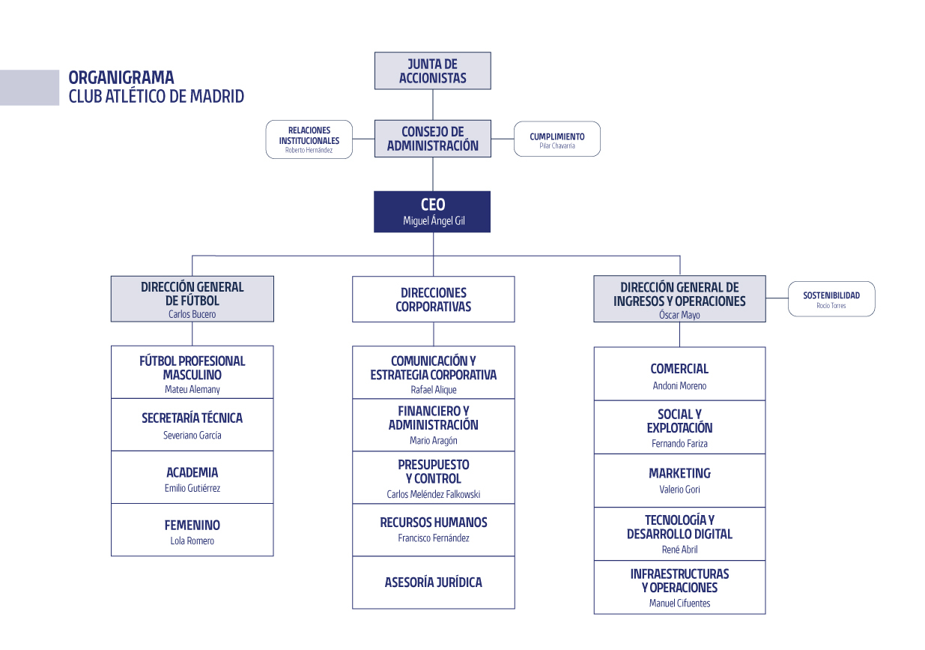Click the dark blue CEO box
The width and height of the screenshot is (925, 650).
click(x=432, y=211)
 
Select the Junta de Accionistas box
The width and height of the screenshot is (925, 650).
click(x=432, y=70)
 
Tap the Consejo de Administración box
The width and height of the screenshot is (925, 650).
click(x=432, y=139)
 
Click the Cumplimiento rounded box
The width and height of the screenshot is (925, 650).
click(x=556, y=139)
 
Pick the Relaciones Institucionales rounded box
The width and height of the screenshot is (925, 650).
click(x=309, y=139)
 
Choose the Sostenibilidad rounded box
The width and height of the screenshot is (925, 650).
click(x=831, y=299)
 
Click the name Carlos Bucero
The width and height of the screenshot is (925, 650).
click(x=192, y=315)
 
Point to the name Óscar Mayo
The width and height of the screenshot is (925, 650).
click(x=679, y=316)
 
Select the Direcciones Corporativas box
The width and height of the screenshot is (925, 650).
click(x=433, y=299)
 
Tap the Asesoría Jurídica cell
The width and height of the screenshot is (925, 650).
click(x=433, y=583)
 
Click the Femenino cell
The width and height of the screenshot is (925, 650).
click(x=192, y=530)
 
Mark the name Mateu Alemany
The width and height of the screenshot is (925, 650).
click(x=192, y=390)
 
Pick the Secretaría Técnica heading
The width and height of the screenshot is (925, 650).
click(x=192, y=418)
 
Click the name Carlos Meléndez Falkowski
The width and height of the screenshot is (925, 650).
click(x=433, y=495)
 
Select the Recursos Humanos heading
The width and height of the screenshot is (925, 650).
click(x=433, y=523)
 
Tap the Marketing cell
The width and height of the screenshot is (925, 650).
click(x=679, y=481)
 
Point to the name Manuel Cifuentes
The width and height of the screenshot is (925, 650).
click(x=679, y=604)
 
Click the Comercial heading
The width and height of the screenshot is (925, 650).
click(x=679, y=369)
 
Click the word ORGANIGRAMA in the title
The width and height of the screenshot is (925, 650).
click(x=121, y=77)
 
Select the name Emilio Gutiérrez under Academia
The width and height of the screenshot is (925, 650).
click(x=192, y=489)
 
